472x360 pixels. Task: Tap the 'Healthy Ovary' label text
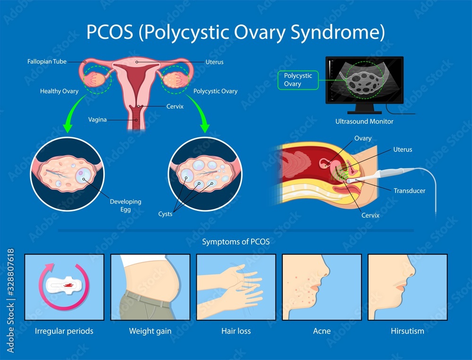pyautogui.click(x=59, y=91)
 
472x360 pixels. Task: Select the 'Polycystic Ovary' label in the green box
pyautogui.click(x=298, y=80)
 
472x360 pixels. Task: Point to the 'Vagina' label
pyautogui.click(x=97, y=120)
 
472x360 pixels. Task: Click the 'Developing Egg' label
pyautogui.click(x=126, y=205)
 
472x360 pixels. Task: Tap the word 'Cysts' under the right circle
pyautogui.click(x=165, y=214)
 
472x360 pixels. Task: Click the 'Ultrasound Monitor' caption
pyautogui.click(x=364, y=121)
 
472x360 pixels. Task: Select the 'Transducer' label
pyautogui.click(x=409, y=191)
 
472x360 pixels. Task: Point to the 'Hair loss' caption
pyautogui.click(x=236, y=331)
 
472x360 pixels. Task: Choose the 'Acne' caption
pyautogui.click(x=322, y=331)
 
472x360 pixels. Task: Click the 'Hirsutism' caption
pyautogui.click(x=407, y=331)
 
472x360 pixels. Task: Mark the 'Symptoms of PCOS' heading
pyautogui.click(x=236, y=242)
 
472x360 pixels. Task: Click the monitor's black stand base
pyautogui.click(x=364, y=111)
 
